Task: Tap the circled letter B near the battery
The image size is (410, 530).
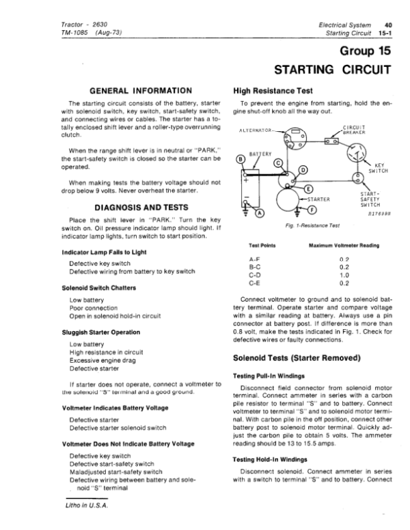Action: coord(239,161)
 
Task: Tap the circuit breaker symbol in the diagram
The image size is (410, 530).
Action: coord(333,140)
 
